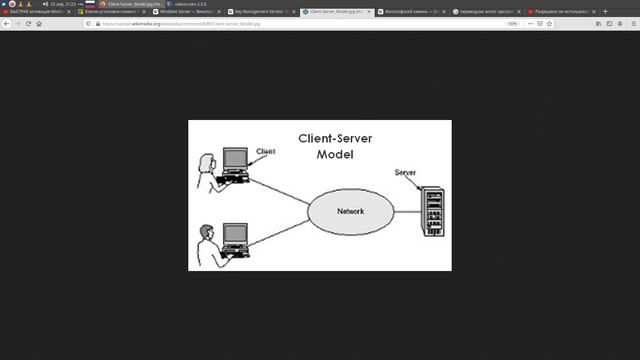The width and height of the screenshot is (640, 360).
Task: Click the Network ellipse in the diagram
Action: point(350,212)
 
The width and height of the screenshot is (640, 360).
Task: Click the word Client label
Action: point(266,152)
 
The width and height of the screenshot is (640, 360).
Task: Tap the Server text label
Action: point(405,173)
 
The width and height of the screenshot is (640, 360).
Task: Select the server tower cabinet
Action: point(432,212)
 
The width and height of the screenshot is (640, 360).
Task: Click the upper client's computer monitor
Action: point(235,159)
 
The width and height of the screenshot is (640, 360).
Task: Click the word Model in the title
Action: point(335,155)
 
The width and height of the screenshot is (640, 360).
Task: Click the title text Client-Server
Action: point(336,140)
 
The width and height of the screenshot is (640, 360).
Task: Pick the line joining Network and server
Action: point(406,212)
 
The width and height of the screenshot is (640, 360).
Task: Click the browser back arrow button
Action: point(6,23)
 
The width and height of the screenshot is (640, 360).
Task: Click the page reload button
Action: point(28,23)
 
